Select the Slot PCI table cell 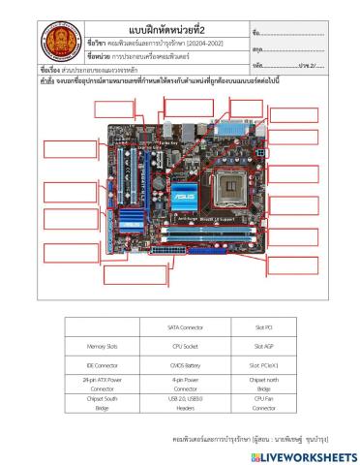(x=265, y=326)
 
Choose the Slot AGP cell (x=265, y=344)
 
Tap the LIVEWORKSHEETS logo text (x=306, y=455)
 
